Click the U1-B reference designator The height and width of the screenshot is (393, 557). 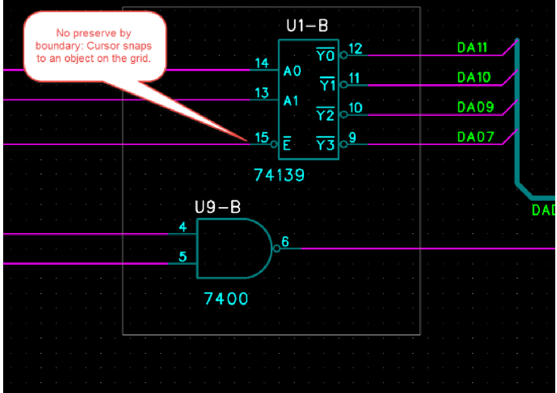307,26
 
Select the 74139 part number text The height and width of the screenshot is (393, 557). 279,175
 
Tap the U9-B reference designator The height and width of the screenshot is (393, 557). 218,207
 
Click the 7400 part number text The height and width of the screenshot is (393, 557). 226,298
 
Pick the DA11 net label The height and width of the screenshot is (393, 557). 472,47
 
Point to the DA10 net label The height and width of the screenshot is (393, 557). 474,77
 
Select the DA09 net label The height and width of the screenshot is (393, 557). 476,107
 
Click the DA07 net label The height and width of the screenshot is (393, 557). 476,136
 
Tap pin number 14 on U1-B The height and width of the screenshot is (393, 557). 262,63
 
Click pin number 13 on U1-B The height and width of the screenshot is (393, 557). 262,93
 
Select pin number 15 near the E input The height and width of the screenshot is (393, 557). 262,137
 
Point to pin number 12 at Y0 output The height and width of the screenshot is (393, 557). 355,48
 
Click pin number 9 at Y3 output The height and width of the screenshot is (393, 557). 352,137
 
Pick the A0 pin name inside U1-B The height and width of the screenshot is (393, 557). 292,71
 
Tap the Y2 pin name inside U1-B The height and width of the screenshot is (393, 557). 325,115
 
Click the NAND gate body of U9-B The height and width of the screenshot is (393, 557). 232,248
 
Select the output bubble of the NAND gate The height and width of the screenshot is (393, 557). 276,248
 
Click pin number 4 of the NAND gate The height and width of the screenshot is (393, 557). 183,227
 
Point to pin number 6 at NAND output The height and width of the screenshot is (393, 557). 285,242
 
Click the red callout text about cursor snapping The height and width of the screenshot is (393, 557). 94,46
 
